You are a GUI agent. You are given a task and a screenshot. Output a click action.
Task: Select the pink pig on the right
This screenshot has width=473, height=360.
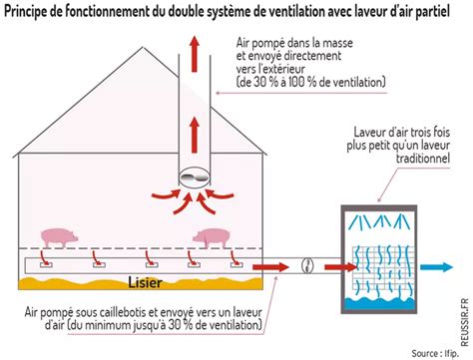pos(213,238)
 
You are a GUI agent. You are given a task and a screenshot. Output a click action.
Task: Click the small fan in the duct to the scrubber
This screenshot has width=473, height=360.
pos(307,267)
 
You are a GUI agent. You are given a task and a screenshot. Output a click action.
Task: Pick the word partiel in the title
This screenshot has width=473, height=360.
pos(445,11)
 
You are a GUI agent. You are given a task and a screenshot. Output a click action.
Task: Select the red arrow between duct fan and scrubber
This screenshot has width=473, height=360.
pos(331,267)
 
